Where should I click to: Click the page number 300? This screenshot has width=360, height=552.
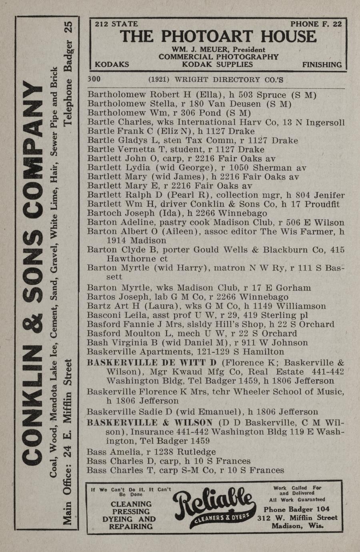[x=94, y=79]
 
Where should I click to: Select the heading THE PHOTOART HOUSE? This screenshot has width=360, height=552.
[x=218, y=37]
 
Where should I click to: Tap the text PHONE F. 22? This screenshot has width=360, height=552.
[x=316, y=24]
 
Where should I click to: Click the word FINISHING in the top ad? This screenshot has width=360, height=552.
[x=322, y=64]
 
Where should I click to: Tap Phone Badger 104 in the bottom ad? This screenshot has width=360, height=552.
[x=296, y=509]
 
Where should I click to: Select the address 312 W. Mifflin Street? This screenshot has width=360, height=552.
[x=297, y=518]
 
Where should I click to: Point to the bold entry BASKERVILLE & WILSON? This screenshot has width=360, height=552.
[x=150, y=423]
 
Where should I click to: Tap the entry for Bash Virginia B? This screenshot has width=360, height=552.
[x=122, y=343]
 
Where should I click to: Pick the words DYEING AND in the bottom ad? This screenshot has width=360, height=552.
[x=129, y=519]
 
